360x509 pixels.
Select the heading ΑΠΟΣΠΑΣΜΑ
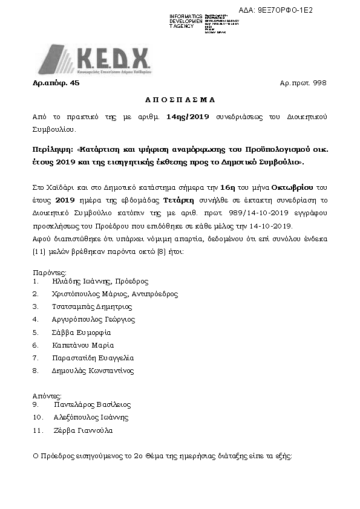[180, 99]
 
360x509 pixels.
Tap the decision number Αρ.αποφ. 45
[56, 85]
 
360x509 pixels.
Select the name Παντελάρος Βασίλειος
[92, 405]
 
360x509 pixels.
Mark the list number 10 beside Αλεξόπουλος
[38, 418]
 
